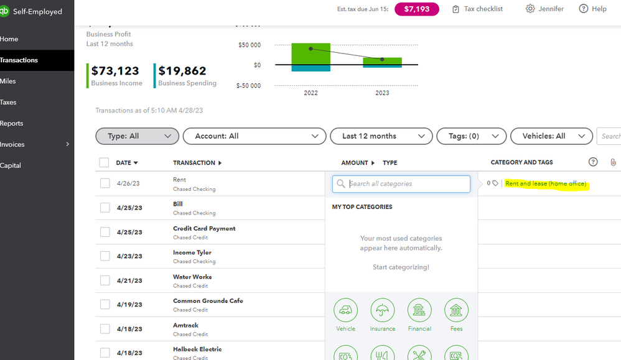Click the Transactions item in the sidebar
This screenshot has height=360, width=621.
(x=19, y=60)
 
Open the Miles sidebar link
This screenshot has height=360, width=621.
(x=9, y=81)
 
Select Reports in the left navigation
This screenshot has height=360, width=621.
(x=12, y=124)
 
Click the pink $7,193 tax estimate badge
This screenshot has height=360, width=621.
(x=416, y=9)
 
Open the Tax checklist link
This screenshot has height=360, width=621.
(x=477, y=9)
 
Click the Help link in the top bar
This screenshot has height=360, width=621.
(x=592, y=9)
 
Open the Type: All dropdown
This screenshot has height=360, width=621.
(x=137, y=136)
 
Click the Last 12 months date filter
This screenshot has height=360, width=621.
(x=378, y=136)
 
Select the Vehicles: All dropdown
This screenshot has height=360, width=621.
(x=551, y=136)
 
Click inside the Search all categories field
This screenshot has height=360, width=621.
(x=408, y=184)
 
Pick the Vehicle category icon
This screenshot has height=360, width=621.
(x=345, y=311)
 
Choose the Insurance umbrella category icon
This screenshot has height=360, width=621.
(x=383, y=311)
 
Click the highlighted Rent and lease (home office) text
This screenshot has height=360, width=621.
(x=546, y=184)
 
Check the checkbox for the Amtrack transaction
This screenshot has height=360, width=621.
(x=105, y=328)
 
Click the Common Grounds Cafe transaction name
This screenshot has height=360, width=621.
(x=208, y=301)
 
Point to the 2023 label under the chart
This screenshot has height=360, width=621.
(x=381, y=93)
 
